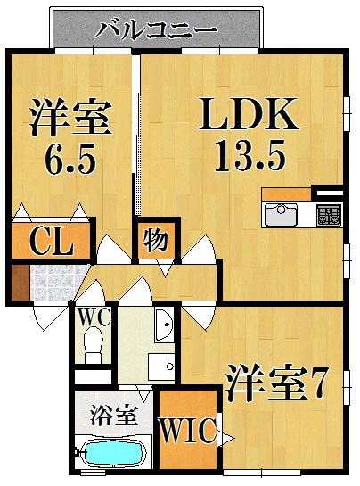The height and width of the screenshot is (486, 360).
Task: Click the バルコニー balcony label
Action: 157,29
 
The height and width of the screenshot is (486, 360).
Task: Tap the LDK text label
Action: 248,116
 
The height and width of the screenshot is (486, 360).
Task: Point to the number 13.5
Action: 250,158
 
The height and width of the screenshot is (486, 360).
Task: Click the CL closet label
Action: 51,242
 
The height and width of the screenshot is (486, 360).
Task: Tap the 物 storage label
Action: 156,240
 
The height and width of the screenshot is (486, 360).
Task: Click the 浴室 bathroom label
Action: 112,415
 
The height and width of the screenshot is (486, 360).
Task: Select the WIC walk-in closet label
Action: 187,432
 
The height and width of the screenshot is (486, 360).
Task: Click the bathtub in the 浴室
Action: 114,454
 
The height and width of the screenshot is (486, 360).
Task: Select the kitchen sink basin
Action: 282,214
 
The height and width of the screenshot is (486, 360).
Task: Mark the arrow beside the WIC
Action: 226,437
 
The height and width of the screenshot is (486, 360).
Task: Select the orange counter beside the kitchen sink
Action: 286,194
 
